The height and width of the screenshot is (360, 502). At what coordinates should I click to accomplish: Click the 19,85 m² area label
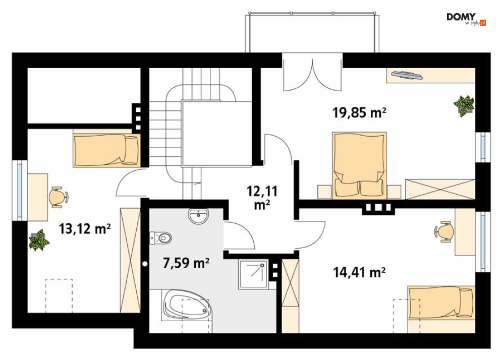(x=359, y=112)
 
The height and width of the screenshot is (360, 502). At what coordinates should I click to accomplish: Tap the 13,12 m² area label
(x=85, y=229)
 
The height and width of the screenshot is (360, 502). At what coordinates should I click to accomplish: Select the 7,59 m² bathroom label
(x=186, y=263)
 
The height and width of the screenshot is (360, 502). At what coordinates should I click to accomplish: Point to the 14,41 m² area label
(x=359, y=273)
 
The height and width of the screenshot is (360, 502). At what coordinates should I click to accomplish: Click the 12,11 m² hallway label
(x=262, y=198)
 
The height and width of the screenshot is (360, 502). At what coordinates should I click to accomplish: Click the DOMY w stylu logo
(x=466, y=19)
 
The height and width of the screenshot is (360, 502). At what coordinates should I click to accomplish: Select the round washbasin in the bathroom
(x=199, y=216)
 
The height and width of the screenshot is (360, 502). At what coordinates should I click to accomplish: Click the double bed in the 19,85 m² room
(x=359, y=165)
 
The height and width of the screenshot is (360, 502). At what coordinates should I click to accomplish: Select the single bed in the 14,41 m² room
(x=441, y=303)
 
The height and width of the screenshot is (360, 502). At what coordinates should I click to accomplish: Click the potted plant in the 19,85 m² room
(x=464, y=105)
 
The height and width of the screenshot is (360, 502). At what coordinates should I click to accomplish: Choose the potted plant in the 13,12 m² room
(x=39, y=239)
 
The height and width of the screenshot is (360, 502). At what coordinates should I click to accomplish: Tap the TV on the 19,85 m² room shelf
(x=406, y=75)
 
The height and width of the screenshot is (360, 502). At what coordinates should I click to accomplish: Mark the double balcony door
(x=311, y=73)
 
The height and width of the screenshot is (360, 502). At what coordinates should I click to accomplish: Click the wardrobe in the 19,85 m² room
(x=440, y=190)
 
